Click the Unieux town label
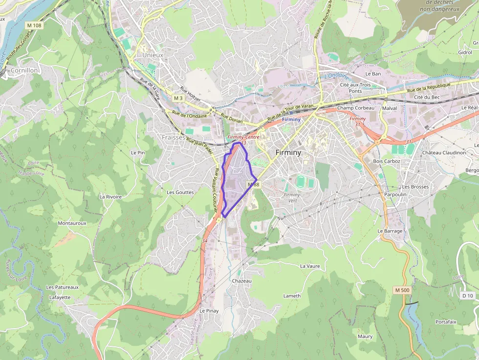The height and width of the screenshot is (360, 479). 152,55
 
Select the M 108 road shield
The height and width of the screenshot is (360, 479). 35,25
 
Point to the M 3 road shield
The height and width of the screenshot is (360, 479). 178,98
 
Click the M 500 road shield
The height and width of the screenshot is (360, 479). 402,290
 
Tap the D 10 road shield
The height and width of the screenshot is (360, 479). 468,296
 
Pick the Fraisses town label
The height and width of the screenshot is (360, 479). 174,138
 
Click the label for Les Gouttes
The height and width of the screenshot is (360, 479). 180,192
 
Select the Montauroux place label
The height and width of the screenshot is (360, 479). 72,223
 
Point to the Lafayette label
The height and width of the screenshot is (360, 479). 60,297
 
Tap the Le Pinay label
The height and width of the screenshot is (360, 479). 209,311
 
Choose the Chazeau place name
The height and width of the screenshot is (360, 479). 242,281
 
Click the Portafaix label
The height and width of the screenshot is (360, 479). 446,322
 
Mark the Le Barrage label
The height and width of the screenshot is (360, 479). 390,231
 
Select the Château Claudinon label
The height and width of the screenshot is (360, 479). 444,153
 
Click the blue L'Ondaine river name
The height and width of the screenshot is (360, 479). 337,76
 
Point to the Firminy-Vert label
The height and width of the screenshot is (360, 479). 293,197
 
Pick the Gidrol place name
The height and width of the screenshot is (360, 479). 465,52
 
